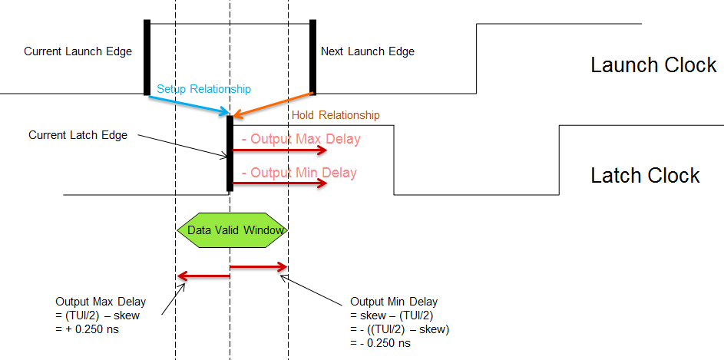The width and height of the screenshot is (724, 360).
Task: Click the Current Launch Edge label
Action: point(78,52)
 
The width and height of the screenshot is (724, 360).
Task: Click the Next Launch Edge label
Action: point(367,52)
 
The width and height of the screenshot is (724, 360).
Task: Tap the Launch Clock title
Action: point(653,65)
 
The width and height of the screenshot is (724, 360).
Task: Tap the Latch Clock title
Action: point(645,176)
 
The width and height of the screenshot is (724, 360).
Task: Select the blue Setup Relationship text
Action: point(203,90)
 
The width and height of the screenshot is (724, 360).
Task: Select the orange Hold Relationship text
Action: point(336,116)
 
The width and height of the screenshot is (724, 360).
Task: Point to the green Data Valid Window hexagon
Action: point(231,230)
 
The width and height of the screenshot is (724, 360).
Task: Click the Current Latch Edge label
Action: point(78,135)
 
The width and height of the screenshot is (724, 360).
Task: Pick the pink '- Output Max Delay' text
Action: point(300,140)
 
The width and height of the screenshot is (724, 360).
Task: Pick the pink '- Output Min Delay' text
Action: point(299,173)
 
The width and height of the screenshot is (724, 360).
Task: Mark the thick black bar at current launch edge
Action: point(147,58)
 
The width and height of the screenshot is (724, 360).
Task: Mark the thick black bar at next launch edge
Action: point(312,58)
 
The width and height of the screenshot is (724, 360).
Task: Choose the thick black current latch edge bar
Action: point(230,153)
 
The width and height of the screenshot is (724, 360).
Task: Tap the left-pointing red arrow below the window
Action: point(203,276)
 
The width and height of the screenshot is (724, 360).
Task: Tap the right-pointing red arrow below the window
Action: point(259,267)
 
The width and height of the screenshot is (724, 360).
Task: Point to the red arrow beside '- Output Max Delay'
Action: point(279,150)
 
